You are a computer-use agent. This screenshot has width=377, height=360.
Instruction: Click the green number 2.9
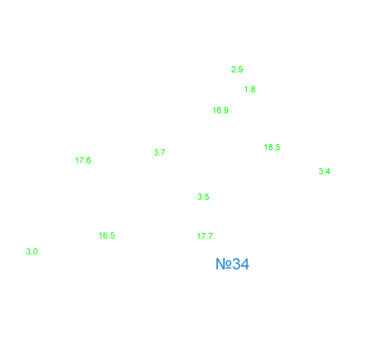(237, 70)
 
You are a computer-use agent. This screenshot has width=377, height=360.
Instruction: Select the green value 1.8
(250, 89)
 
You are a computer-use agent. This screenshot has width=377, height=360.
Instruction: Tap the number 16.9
(220, 110)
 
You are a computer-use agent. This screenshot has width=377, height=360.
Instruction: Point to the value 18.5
(272, 147)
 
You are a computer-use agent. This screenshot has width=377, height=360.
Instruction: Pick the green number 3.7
(159, 153)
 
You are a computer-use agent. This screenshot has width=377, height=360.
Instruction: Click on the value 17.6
(83, 161)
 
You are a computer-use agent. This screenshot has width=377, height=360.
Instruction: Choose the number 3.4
(325, 171)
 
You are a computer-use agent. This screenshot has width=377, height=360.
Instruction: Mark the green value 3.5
(203, 197)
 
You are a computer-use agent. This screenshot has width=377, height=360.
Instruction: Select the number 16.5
(107, 235)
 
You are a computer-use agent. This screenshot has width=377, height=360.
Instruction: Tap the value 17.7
(205, 236)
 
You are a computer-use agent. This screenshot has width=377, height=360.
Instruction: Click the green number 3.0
(31, 252)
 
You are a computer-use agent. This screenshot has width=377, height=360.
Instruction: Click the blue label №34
(233, 264)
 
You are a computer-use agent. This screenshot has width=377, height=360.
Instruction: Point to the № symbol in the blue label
(224, 264)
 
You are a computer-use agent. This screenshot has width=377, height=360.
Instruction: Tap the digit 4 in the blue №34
(245, 264)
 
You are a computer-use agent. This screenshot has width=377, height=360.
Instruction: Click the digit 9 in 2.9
(240, 70)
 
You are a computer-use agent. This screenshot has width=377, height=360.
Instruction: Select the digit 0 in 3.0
(35, 252)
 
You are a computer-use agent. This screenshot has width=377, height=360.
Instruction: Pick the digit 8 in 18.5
(271, 147)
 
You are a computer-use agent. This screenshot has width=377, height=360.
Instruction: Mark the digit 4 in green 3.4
(327, 171)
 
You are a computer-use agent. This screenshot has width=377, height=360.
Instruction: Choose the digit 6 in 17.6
(89, 161)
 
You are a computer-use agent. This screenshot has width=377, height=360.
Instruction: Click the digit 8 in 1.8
(252, 89)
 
